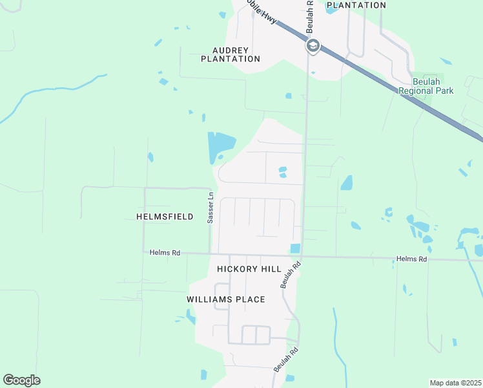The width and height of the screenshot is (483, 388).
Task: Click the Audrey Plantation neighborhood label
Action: [x=231, y=54]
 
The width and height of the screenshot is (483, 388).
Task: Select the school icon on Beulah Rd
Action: [x=313, y=46]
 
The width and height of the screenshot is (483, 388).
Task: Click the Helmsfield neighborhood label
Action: [x=165, y=217]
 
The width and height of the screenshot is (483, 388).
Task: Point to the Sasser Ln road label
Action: [x=211, y=208]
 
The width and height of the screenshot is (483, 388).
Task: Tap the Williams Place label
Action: [x=226, y=299]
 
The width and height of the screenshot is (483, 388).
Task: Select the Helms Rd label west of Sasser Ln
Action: [x=165, y=253]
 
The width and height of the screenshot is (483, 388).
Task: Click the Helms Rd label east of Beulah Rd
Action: [x=412, y=259]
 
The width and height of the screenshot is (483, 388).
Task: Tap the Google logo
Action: [x=21, y=380]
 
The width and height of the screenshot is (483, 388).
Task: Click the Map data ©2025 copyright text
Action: [x=456, y=383]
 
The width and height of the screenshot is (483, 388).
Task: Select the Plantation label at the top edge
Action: [x=356, y=5]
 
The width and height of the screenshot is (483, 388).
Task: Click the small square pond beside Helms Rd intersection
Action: [x=296, y=248]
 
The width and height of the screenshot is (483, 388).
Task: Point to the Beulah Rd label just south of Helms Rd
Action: [x=291, y=275]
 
